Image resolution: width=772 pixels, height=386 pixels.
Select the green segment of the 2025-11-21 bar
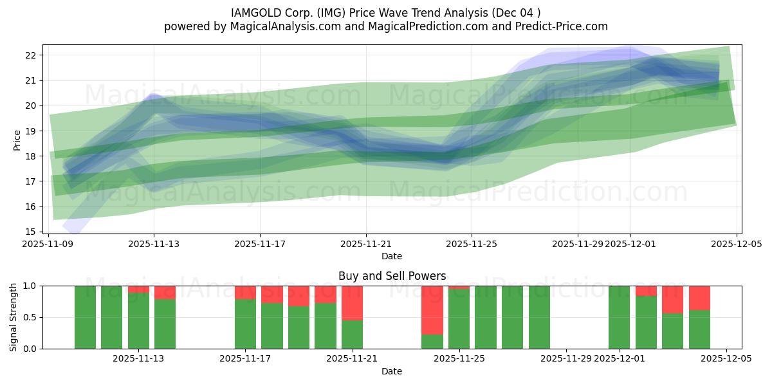pos(352,335)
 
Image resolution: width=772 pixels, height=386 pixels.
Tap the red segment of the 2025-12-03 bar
pos(673,299)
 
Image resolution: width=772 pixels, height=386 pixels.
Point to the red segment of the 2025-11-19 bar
pos(299,296)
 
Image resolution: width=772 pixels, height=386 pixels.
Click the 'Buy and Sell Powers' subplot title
pos(392,276)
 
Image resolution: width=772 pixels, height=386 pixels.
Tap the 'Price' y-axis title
pos(17,139)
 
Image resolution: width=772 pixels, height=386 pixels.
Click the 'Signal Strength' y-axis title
pos(14,317)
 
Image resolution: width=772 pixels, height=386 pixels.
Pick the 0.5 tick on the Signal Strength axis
pos(29,317)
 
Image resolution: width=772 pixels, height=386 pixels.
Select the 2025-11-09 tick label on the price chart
pos(48,244)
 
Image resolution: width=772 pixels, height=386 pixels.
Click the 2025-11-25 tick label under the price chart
pos(472,244)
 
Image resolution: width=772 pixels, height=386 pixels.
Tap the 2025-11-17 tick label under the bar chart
pos(246,359)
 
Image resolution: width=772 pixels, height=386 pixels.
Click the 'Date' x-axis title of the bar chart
pos(392,371)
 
